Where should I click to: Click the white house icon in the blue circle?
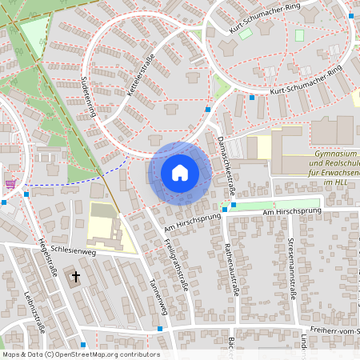coord(180,173)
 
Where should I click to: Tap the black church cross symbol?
coord(77,277)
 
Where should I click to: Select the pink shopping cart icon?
coord(10,183)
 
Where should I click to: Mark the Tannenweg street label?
coord(158,296)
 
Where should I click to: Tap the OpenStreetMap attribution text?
coord(80,354)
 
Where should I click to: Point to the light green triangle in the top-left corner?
coord(34,35)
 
